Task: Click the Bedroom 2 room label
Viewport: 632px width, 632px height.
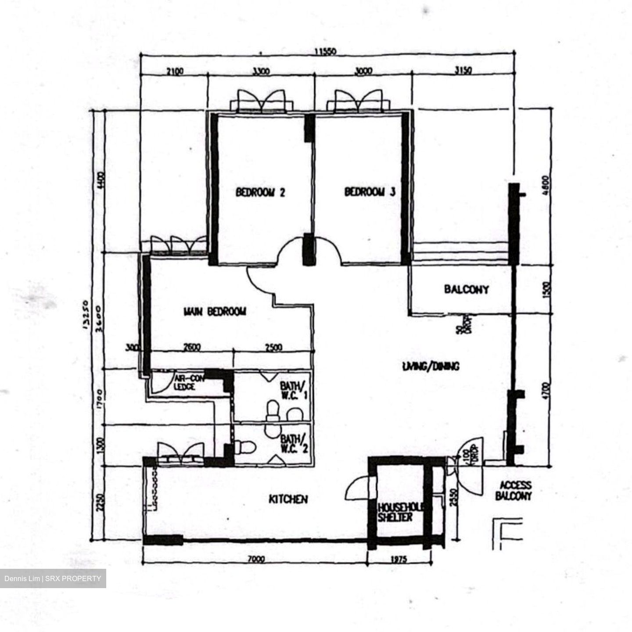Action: point(261,192)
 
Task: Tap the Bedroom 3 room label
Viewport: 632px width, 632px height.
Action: point(370,192)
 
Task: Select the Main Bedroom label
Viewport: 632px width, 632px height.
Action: point(215,312)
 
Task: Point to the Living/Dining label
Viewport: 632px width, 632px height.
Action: point(431,366)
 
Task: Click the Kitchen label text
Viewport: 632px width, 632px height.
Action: point(288,499)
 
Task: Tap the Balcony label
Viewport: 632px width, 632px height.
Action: point(466,289)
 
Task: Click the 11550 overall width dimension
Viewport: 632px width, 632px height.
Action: point(325,52)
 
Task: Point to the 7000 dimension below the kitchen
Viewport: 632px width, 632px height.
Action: point(256,560)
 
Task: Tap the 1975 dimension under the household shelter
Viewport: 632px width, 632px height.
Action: point(398,560)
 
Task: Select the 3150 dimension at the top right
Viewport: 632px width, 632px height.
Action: point(461,71)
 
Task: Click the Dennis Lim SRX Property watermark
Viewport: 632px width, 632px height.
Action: point(53,578)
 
